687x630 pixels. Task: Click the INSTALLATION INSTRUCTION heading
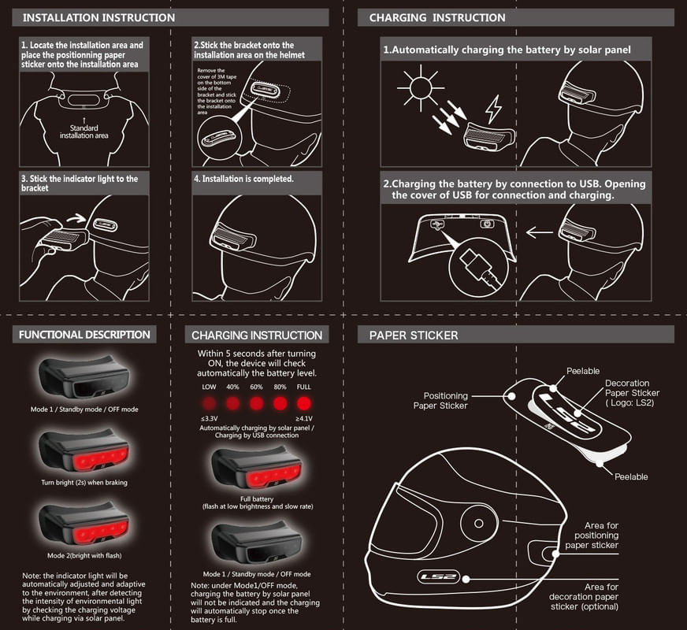[x=98, y=17]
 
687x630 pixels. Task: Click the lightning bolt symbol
[x=493, y=109]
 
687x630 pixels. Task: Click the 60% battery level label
[x=256, y=387]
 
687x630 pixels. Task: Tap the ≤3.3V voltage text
[x=209, y=418]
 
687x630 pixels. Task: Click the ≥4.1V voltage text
[x=303, y=418]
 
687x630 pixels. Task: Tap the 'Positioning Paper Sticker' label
[x=445, y=401]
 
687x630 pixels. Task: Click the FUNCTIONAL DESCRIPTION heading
[x=84, y=335]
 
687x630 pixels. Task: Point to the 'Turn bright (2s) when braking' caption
[x=84, y=482]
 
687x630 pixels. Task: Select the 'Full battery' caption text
[x=257, y=498]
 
